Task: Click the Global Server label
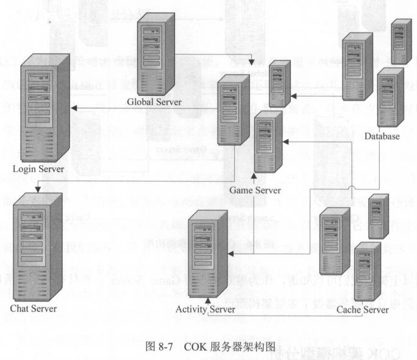click(x=154, y=101)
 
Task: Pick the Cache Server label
click(x=362, y=309)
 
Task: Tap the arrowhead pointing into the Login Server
click(x=73, y=108)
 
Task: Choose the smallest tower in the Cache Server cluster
click(x=379, y=215)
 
